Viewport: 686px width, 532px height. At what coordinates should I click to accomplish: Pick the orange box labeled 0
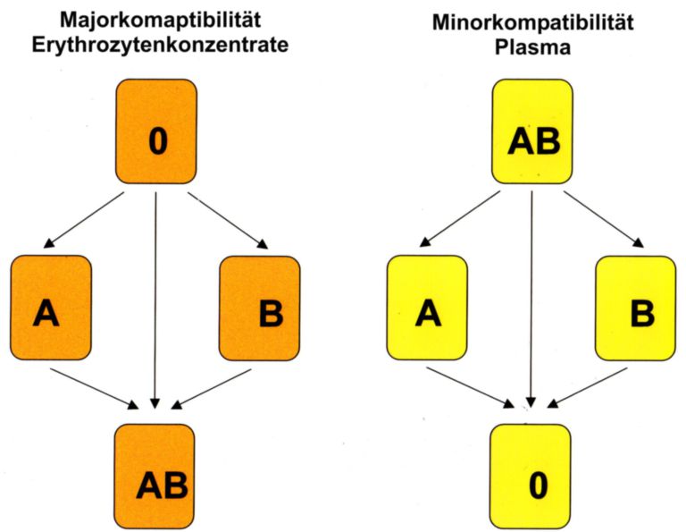[x=156, y=131]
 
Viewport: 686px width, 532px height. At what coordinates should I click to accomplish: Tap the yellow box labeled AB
[x=532, y=131]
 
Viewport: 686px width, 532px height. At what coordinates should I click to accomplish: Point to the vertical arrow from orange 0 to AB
[x=156, y=295]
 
